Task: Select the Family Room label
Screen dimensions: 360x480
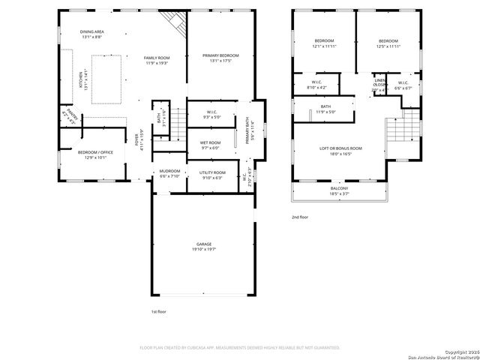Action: click(157, 60)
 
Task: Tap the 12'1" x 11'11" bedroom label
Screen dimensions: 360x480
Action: click(324, 43)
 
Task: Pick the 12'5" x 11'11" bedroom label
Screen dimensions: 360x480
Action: click(388, 43)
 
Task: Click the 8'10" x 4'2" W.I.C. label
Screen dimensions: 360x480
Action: click(316, 85)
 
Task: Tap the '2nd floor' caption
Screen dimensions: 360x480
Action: click(300, 217)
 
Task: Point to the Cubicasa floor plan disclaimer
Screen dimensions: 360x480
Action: click(240, 348)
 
